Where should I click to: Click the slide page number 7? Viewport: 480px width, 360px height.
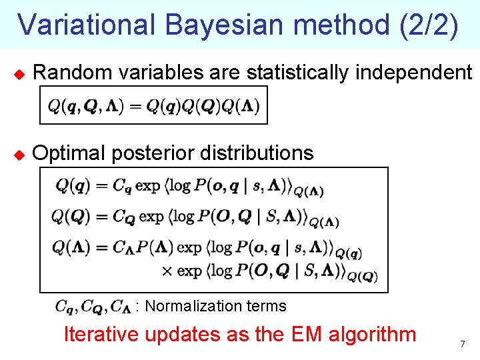point(461,344)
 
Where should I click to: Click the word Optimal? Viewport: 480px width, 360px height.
point(69,153)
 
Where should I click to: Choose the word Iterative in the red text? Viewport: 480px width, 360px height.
point(101,334)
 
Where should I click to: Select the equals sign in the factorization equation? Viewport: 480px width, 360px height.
point(134,107)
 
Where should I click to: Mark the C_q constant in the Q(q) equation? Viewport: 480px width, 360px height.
point(122,185)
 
